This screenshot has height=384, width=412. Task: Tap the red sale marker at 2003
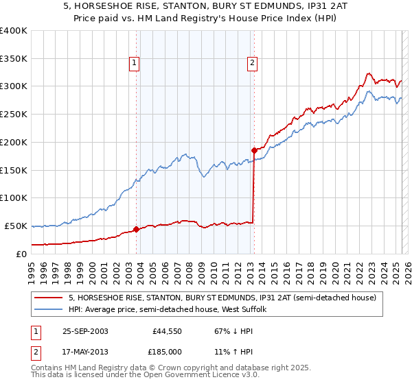pos(136,229)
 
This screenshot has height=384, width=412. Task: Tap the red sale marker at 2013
pos(254,150)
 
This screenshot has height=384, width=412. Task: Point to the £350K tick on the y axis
pos(14,59)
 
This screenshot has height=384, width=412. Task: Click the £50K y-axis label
pos(16,226)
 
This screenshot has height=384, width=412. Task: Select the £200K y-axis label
pos(14,143)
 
